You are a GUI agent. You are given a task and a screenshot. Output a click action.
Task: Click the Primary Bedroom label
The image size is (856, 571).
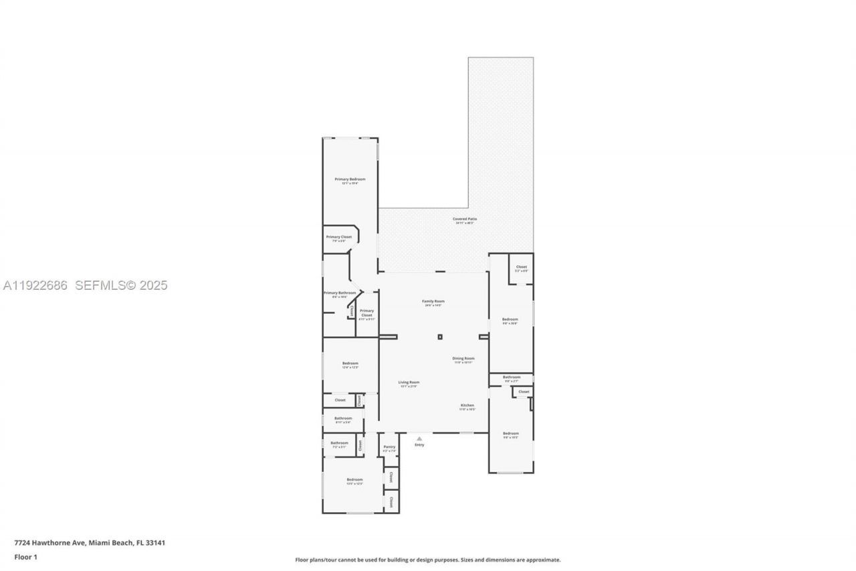(350, 179)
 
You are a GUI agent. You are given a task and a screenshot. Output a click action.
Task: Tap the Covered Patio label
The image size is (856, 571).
(465, 219)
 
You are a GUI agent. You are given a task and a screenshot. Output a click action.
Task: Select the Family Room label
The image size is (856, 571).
(433, 301)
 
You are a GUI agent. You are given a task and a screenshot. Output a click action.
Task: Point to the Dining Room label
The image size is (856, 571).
(463, 359)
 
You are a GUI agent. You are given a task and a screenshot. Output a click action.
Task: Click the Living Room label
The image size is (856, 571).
(409, 382)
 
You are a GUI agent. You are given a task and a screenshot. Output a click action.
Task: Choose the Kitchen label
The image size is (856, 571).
(467, 406)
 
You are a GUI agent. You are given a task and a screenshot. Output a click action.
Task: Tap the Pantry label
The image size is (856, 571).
(389, 447)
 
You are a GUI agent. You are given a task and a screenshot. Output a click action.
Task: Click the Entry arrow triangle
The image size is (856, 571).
(419, 439)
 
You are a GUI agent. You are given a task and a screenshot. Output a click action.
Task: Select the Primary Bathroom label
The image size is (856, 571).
(340, 293)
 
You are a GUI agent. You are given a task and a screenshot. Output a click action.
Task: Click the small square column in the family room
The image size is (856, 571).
(440, 337)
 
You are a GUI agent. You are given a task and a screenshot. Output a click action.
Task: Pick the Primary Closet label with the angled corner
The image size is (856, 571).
(338, 237)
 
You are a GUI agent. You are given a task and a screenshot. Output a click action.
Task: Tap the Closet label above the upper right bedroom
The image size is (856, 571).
(521, 267)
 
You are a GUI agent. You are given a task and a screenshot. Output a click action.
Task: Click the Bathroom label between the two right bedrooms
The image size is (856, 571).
(512, 377)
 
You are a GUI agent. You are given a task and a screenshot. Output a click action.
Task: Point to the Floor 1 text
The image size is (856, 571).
(25, 557)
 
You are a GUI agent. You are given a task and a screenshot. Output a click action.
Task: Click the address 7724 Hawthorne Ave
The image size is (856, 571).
(49, 543)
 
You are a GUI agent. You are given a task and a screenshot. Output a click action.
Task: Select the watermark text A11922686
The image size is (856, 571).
(35, 286)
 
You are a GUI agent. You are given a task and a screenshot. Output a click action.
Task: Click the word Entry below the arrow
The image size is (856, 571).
(419, 445)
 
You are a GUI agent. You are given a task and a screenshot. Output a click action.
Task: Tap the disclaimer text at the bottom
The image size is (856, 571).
(428, 560)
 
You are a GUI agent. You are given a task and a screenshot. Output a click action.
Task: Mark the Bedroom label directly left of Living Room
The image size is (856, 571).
(350, 363)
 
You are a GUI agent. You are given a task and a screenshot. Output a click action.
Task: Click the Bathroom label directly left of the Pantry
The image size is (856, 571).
(339, 442)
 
